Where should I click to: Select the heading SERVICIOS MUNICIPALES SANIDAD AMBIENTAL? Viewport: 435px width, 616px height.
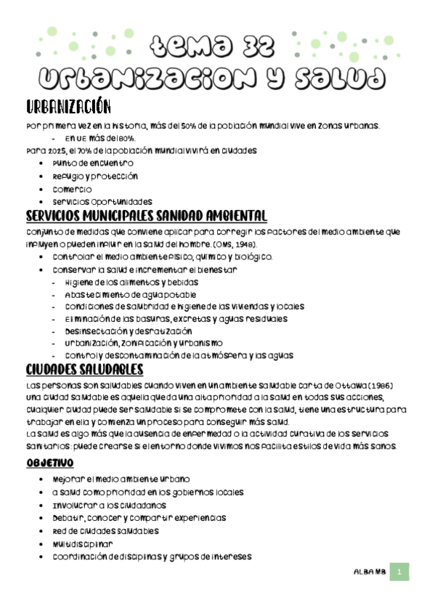146,216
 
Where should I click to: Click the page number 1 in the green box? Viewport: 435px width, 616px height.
399,572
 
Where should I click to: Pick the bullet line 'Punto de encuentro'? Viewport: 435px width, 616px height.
93,163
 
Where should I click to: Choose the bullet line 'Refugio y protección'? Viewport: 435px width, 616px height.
95,176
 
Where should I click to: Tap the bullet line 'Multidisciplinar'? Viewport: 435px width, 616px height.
83,543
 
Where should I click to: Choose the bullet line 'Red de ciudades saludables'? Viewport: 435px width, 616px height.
105,531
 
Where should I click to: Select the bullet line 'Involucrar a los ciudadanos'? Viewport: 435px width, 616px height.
110,505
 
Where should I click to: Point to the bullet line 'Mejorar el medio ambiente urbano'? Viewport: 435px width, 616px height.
121,480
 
